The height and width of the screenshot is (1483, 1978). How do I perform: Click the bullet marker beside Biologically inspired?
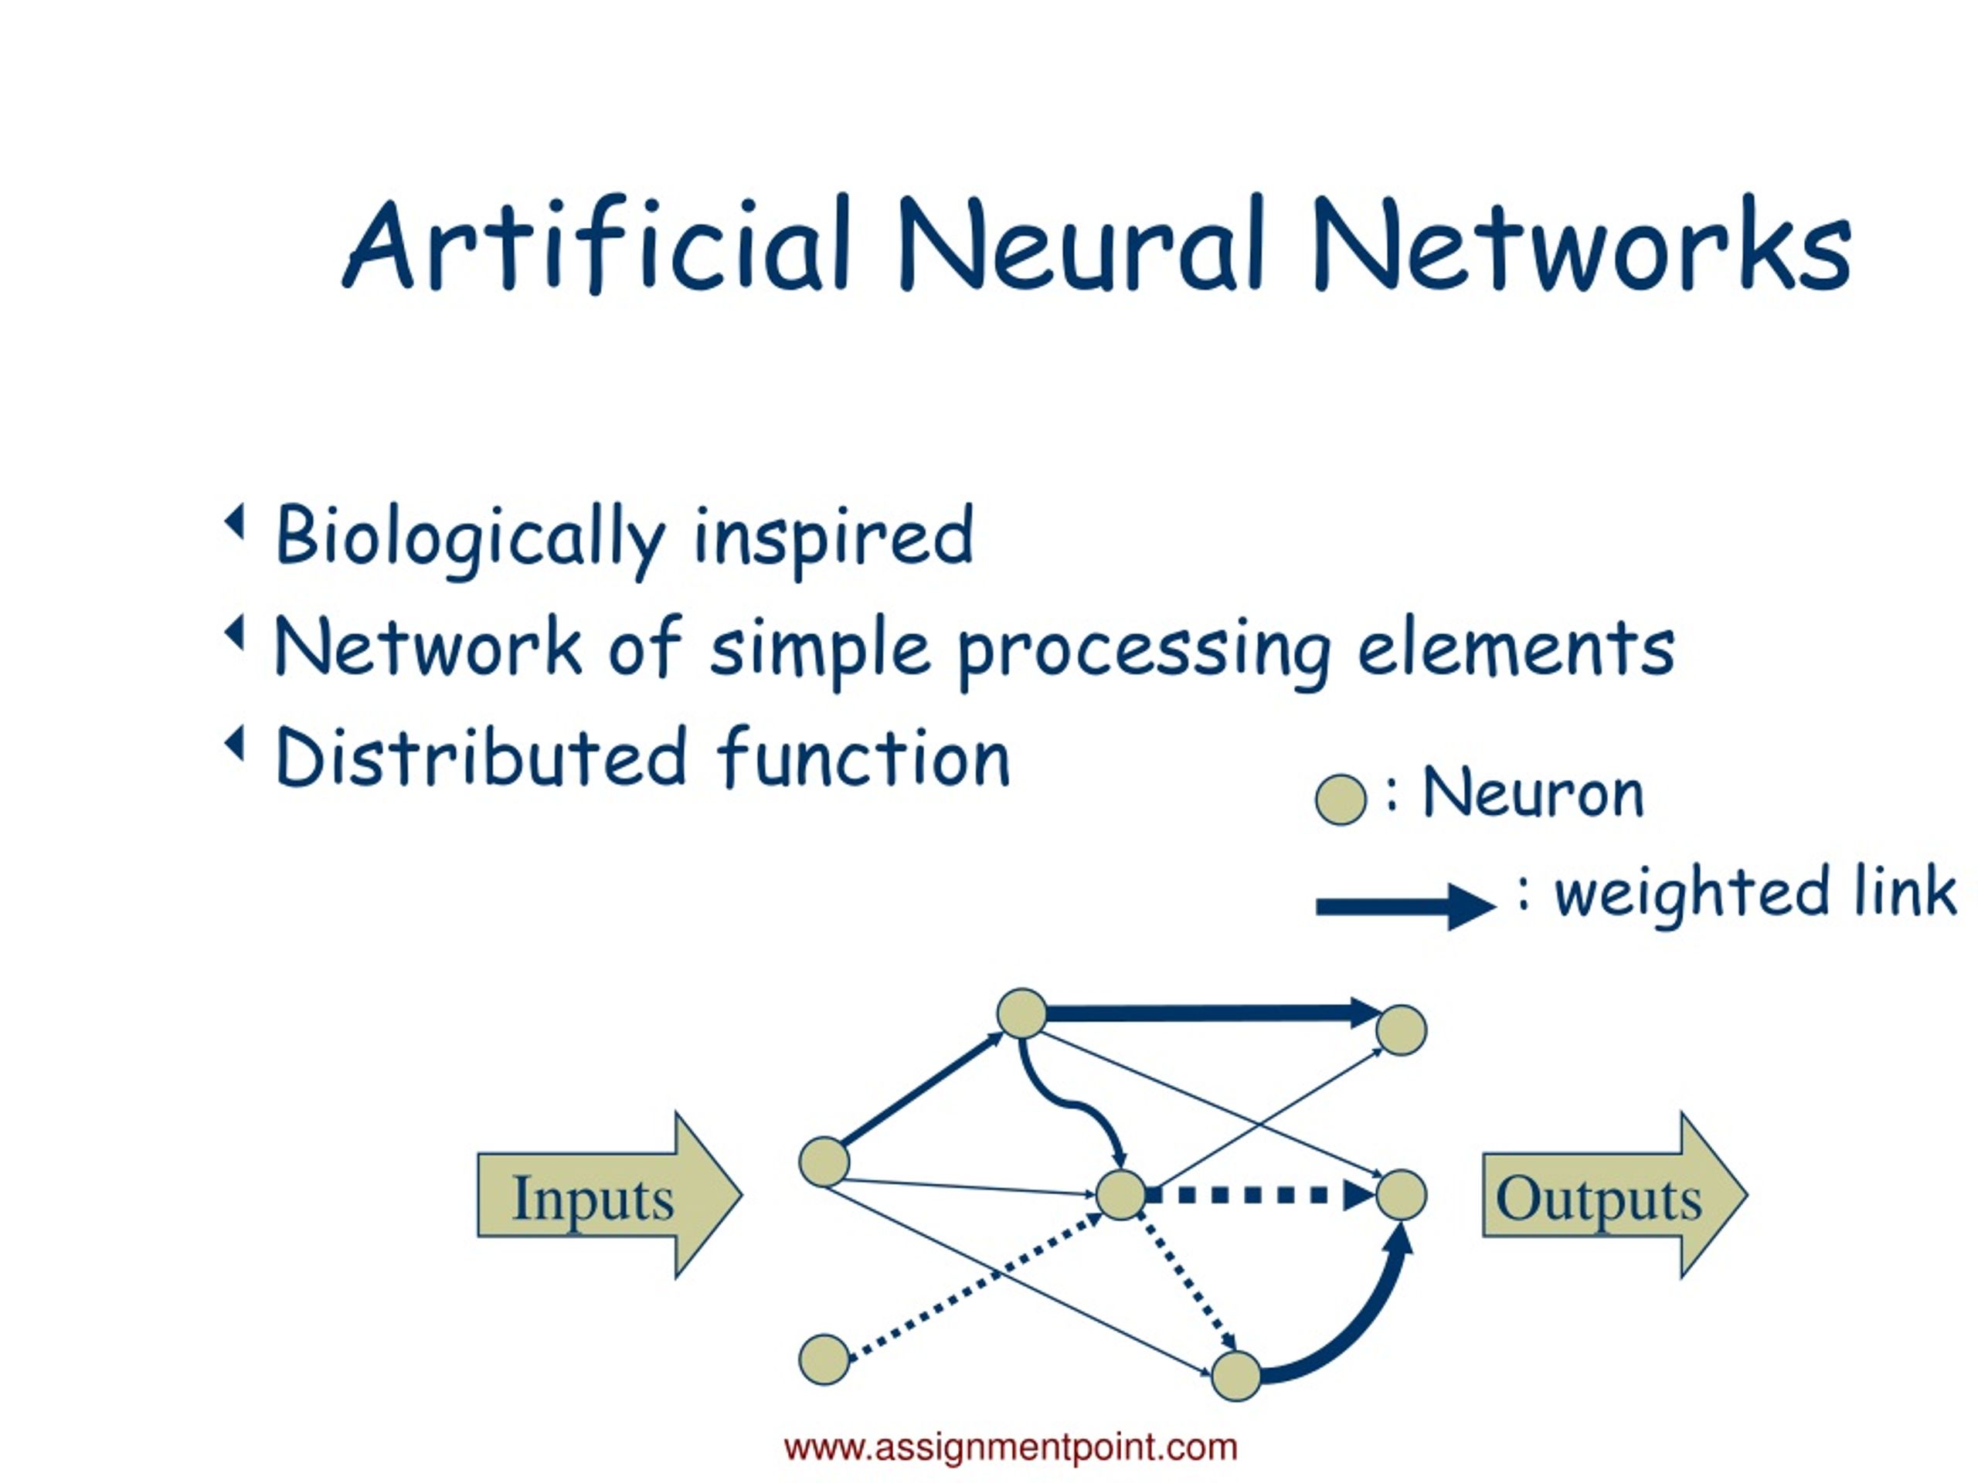234,521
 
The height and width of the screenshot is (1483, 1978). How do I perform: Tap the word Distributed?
481,756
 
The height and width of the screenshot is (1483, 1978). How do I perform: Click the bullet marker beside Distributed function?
234,743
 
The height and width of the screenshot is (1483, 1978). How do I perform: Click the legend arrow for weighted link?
1405,908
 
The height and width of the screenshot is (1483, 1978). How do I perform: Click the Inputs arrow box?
610,1195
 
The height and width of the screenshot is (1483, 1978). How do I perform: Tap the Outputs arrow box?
1615,1195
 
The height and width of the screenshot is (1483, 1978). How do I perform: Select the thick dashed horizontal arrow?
1261,1195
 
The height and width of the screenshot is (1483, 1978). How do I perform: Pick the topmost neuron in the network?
1022,1013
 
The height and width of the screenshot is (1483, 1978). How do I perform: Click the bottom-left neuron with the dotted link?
824,1359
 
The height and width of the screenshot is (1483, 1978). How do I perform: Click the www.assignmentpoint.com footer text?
1011,1447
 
